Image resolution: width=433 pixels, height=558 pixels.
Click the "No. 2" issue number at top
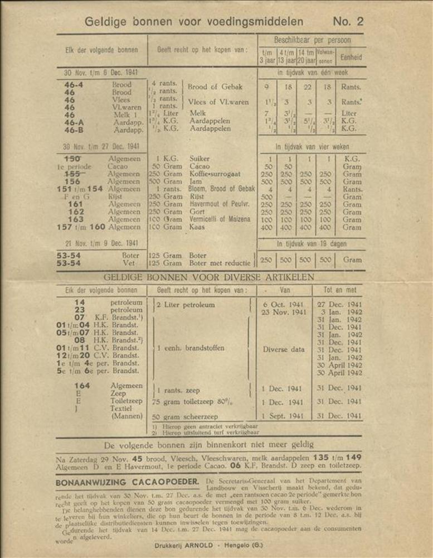(348, 22)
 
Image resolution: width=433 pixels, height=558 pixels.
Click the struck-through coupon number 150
(75, 158)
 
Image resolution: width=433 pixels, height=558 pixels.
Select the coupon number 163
(76, 220)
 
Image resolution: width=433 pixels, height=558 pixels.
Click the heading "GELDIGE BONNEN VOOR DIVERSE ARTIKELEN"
(209, 277)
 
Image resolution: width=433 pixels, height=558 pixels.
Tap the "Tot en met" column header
(339, 290)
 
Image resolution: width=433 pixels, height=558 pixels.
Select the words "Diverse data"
(284, 350)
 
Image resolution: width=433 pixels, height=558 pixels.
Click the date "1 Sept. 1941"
(283, 416)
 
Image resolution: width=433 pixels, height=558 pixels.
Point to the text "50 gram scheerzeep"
(183, 417)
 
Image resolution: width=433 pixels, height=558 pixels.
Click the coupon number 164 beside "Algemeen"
(82, 386)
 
